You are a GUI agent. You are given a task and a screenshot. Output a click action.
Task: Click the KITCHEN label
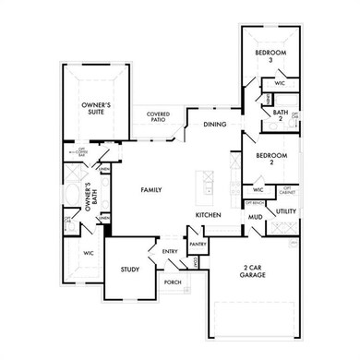click(x=208, y=215)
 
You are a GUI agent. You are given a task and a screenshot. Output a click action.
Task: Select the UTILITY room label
click(x=284, y=211)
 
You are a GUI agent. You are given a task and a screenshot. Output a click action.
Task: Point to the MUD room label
click(x=254, y=218)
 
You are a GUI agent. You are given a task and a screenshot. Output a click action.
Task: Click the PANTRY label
click(x=198, y=245)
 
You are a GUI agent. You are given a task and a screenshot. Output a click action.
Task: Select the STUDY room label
click(x=129, y=270)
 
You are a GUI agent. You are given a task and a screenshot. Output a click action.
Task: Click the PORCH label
click(x=173, y=282)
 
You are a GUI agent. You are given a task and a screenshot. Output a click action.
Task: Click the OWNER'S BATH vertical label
click(x=89, y=198)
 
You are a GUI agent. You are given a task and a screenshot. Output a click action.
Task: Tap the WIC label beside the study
click(x=89, y=252)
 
